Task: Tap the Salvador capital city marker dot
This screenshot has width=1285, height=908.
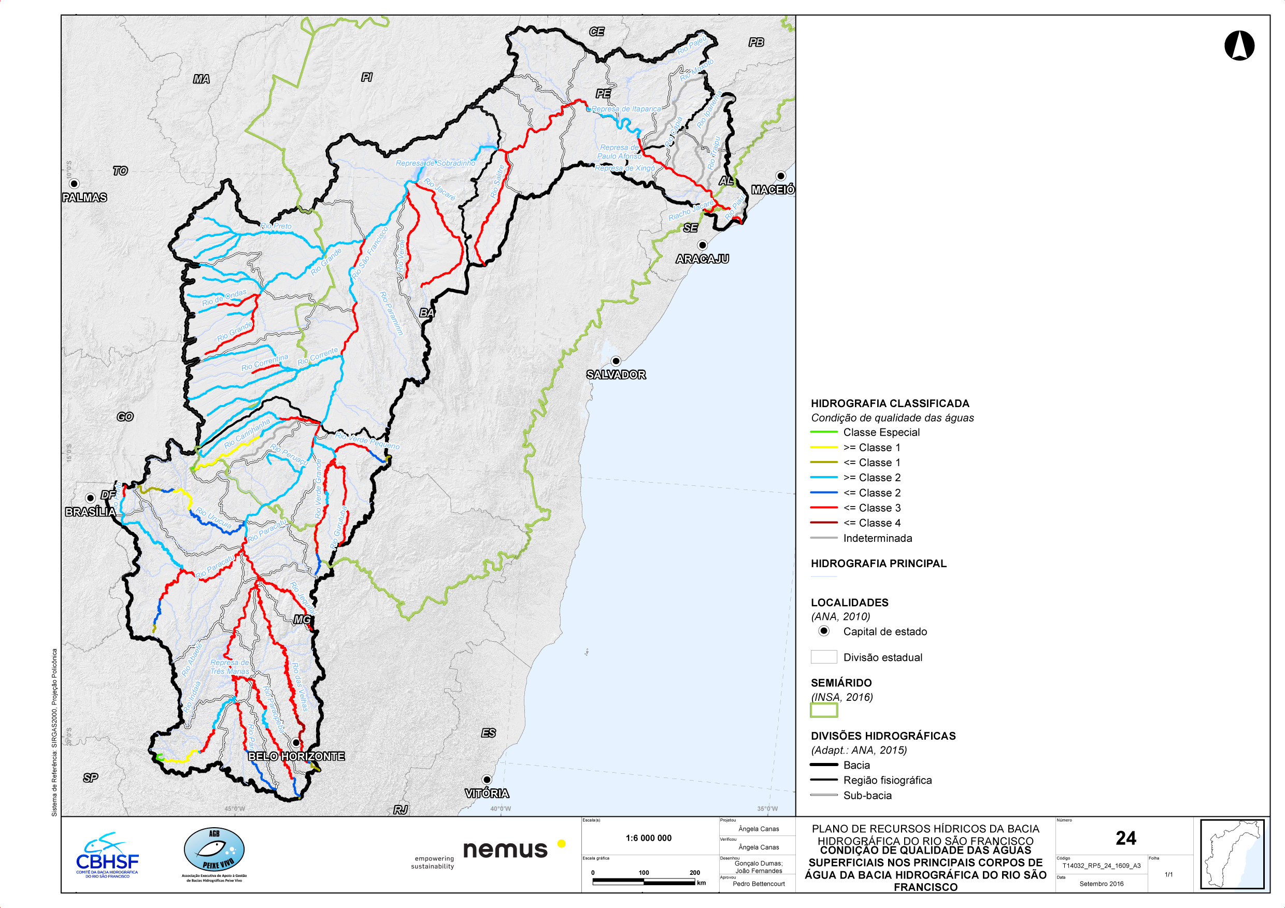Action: [616, 361]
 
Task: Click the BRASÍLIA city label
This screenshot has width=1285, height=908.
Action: [91, 512]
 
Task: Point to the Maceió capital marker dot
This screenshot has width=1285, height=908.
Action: [781, 176]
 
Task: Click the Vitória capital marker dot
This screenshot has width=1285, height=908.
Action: [487, 780]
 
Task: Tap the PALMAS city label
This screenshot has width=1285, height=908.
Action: [84, 197]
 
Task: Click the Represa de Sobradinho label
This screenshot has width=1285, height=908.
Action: [435, 163]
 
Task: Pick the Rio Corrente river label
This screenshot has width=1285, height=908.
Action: [317, 357]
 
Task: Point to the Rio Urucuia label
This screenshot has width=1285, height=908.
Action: [213, 519]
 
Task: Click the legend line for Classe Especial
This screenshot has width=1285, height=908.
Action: [823, 432]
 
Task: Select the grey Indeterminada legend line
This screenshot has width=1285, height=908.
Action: [823, 538]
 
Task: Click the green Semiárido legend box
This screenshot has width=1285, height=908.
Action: [824, 710]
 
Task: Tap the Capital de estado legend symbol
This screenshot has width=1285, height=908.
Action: [824, 631]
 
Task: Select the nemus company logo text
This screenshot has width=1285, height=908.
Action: [505, 850]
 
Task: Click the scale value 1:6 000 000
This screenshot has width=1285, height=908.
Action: [648, 838]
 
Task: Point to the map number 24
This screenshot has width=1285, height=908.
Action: [1125, 838]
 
